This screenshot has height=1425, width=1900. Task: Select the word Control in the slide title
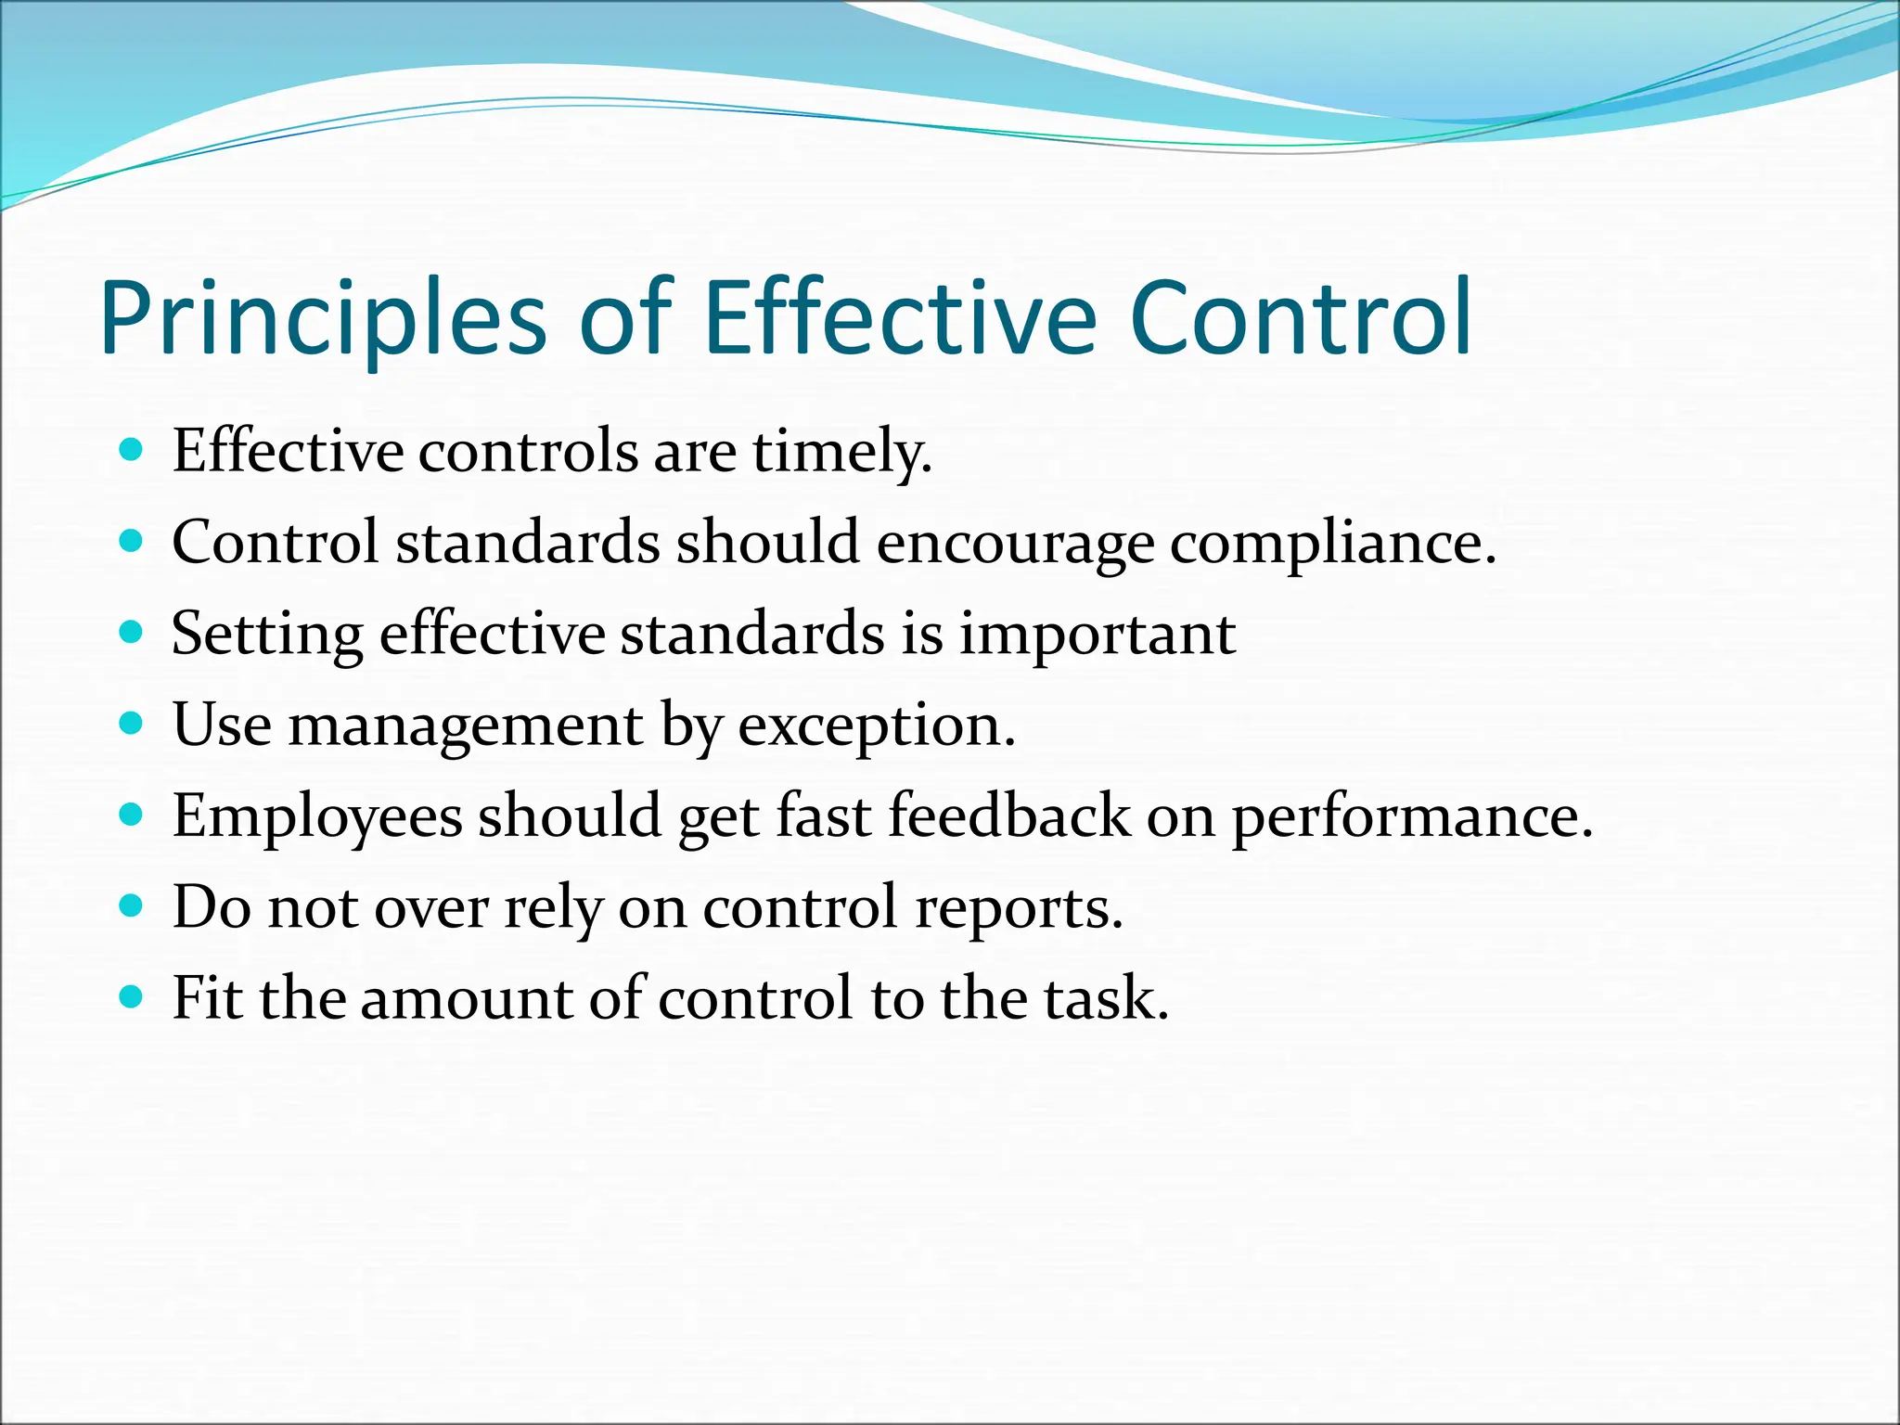coord(1301,317)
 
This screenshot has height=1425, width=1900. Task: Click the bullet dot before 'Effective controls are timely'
coord(132,451)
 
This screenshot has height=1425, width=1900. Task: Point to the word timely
coord(841,454)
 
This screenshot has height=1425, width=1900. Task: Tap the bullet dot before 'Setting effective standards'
coord(132,634)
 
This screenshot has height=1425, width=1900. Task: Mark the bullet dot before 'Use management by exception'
coord(132,725)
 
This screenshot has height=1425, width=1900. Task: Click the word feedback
coord(1009,816)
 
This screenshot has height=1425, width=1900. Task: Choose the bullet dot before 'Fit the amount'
coord(132,998)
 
